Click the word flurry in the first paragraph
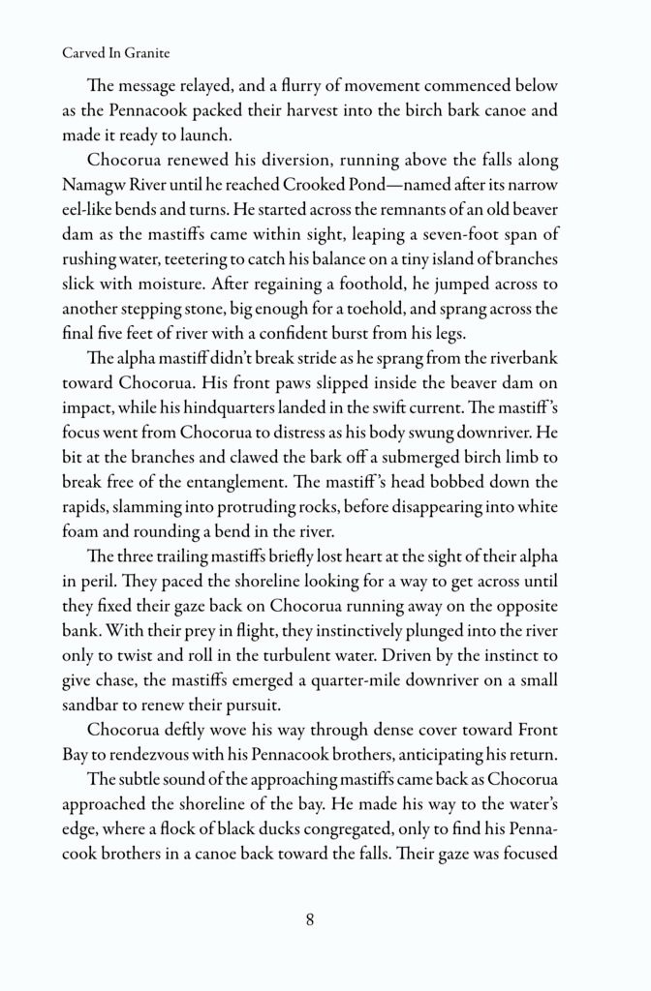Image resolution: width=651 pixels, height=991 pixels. tap(304, 84)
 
